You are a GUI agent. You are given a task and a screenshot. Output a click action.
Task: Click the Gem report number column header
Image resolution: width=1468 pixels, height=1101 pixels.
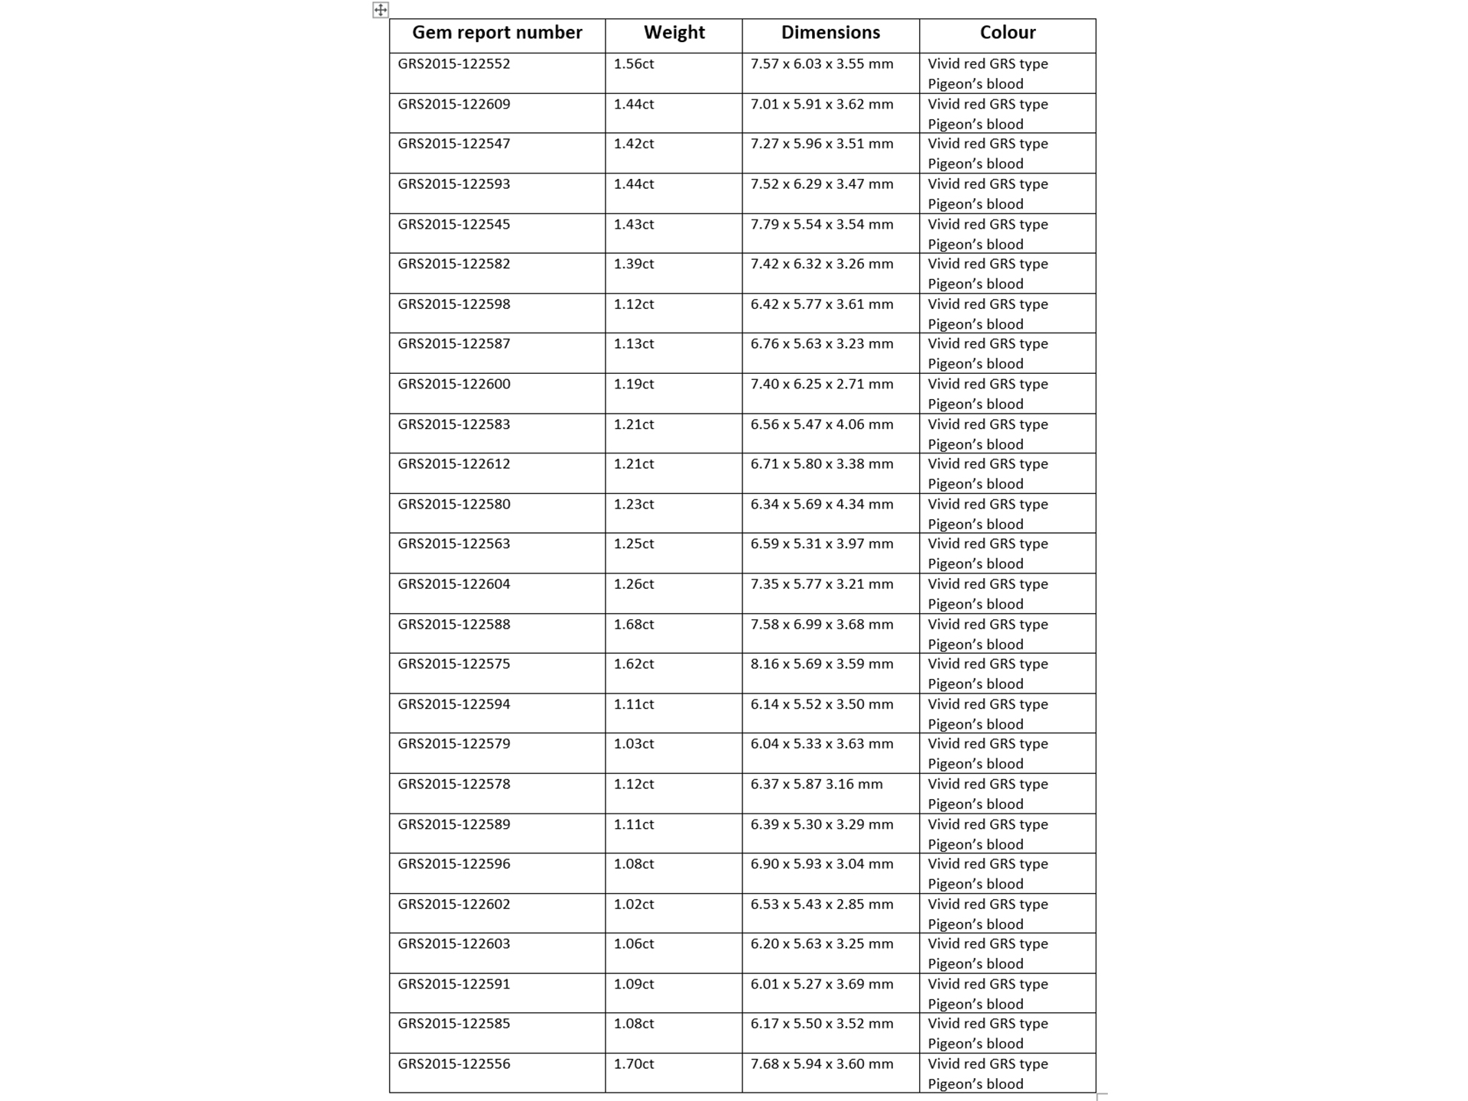tap(497, 33)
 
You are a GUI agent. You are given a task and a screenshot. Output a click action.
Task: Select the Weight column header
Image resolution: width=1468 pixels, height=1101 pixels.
tap(674, 33)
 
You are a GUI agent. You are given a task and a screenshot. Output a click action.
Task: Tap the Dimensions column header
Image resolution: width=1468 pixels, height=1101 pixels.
tap(830, 33)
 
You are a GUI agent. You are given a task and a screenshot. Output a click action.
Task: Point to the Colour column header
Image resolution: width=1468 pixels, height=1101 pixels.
tap(1007, 33)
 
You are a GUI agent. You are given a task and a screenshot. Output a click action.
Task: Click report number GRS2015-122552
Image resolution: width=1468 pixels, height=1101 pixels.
tap(454, 64)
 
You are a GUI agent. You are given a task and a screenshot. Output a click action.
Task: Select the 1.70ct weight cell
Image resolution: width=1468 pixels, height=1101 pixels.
tap(634, 1064)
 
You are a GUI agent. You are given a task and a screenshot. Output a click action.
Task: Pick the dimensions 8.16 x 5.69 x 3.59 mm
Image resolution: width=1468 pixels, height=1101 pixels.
tap(821, 664)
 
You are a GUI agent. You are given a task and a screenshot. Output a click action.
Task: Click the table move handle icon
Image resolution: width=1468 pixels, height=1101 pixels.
tap(380, 10)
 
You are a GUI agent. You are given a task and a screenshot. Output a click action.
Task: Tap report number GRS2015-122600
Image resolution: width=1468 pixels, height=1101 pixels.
tap(454, 385)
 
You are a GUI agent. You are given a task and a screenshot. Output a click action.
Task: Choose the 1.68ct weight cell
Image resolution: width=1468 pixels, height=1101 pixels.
tap(634, 625)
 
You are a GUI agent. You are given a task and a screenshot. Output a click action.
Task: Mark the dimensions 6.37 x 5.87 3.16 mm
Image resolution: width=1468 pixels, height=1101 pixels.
tap(816, 784)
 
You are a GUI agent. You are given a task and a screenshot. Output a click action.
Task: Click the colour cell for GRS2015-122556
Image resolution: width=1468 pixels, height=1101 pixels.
tap(988, 1073)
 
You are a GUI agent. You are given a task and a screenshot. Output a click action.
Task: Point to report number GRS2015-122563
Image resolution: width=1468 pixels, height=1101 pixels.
tap(454, 544)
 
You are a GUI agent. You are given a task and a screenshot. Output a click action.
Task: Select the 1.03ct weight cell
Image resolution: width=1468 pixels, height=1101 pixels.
tap(634, 744)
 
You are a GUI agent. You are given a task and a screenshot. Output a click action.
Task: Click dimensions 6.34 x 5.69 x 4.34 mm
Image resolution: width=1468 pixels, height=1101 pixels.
tap(821, 505)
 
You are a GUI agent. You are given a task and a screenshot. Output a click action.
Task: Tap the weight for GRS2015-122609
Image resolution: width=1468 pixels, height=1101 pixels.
tap(634, 105)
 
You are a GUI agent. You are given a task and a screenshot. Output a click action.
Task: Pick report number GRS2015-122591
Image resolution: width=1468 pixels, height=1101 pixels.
tap(454, 985)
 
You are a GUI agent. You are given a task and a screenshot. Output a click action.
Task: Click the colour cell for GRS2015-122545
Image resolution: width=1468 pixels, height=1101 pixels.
tap(988, 234)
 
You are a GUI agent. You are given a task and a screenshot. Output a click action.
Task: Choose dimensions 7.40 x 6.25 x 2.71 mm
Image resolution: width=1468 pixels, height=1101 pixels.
tap(821, 385)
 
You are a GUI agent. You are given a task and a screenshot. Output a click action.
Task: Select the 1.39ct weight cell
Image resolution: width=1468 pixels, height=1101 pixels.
tap(634, 265)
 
